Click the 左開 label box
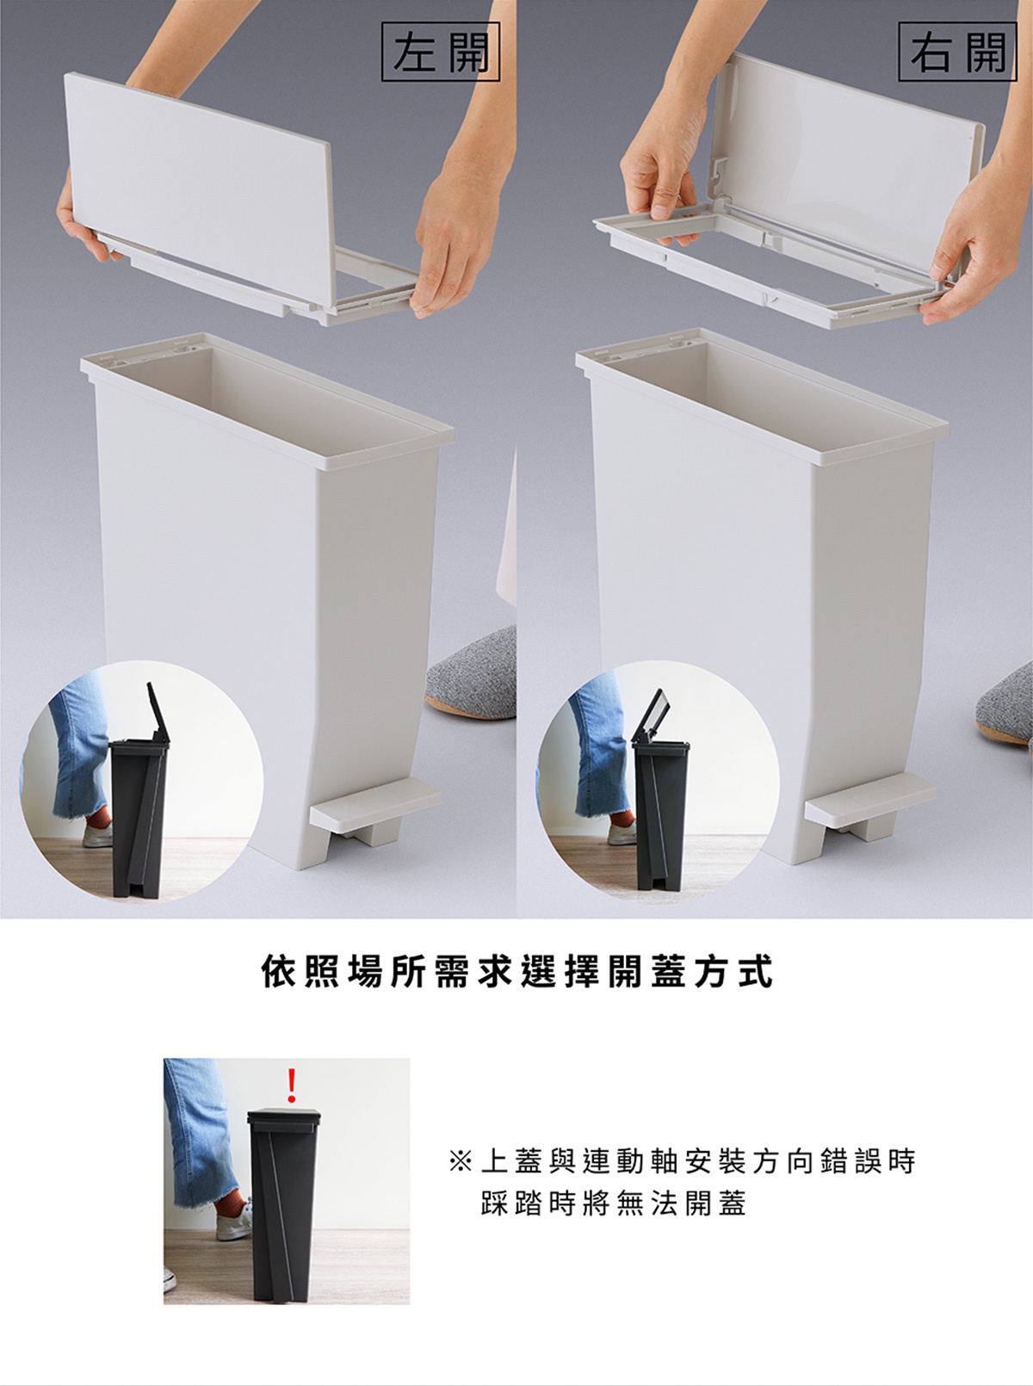440,51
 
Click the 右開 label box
957,51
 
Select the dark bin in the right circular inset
660,815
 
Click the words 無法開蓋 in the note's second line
681,1203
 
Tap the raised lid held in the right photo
850,167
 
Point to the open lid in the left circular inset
158,712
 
